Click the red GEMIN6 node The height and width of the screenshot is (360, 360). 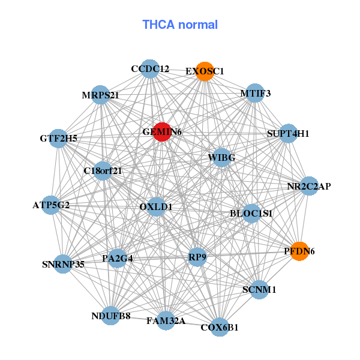tap(162, 131)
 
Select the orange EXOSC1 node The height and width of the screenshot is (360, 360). tap(205, 71)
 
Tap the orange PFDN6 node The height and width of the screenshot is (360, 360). tap(299, 251)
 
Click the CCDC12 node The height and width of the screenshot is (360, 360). tap(151, 69)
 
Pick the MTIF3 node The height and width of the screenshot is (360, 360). tap(256, 94)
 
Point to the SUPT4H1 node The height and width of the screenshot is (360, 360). tap(289, 134)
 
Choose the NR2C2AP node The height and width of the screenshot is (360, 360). tap(309, 186)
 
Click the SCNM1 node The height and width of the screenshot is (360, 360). tap(259, 290)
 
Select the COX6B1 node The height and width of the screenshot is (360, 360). tap(220, 327)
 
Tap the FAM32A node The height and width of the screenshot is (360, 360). tap(166, 321)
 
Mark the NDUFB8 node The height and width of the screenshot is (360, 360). tap(111, 316)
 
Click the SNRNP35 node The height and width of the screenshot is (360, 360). tap(64, 263)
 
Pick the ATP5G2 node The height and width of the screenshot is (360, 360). tap(52, 205)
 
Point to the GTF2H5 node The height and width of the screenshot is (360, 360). tap(59, 139)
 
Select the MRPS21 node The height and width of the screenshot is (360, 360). tap(101, 95)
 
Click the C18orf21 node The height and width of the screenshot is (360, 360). tap(103, 171)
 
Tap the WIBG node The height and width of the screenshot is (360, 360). tap(221, 158)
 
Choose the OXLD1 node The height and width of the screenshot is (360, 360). tap(156, 207)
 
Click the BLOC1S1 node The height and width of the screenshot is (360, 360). tap(251, 213)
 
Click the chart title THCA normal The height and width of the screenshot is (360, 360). tap(180, 25)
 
